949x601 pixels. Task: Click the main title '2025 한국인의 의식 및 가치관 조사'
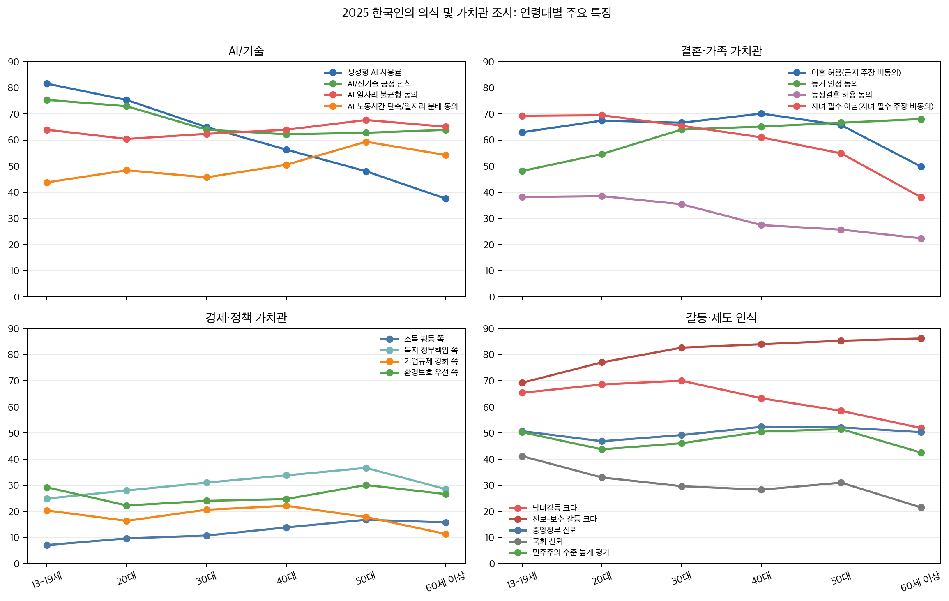click(x=477, y=13)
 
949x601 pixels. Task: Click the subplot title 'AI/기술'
click(x=246, y=51)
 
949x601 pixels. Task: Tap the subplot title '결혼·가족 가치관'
click(x=721, y=51)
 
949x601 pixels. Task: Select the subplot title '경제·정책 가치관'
click(x=246, y=318)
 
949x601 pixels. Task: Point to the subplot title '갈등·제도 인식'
click(x=721, y=318)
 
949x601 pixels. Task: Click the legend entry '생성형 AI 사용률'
click(x=374, y=72)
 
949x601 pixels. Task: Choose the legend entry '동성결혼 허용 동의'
click(x=841, y=95)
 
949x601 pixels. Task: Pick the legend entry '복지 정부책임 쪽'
click(x=431, y=350)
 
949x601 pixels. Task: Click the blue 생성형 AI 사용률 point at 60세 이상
click(x=446, y=199)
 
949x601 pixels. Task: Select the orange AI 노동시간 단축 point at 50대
click(x=366, y=142)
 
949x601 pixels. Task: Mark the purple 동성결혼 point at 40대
click(x=761, y=225)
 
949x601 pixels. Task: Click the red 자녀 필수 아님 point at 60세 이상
click(x=921, y=197)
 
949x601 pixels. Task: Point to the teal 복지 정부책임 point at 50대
click(x=366, y=468)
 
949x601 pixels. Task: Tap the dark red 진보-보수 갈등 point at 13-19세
click(x=522, y=383)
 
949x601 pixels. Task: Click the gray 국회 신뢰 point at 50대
click(x=841, y=483)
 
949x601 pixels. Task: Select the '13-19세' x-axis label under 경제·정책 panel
click(x=46, y=580)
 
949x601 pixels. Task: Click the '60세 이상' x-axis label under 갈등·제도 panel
click(x=920, y=582)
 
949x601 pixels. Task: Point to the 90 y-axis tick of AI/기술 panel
click(x=14, y=62)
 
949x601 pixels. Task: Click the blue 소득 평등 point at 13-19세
click(x=47, y=545)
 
